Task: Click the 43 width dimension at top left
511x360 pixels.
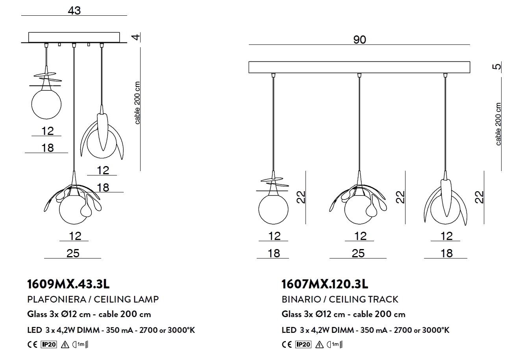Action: pyautogui.click(x=74, y=11)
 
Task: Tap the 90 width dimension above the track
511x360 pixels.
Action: pyautogui.click(x=359, y=40)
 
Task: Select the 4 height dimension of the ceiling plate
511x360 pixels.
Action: pyautogui.click(x=136, y=37)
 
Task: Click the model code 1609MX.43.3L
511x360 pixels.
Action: pyautogui.click(x=68, y=284)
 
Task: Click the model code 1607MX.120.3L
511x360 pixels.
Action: pyautogui.click(x=325, y=284)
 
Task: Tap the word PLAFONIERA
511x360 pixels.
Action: pyautogui.click(x=57, y=299)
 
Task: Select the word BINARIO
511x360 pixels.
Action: pyautogui.click(x=301, y=299)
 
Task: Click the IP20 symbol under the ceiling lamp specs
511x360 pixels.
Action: pyautogui.click(x=48, y=344)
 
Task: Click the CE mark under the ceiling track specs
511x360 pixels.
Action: pyautogui.click(x=287, y=344)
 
